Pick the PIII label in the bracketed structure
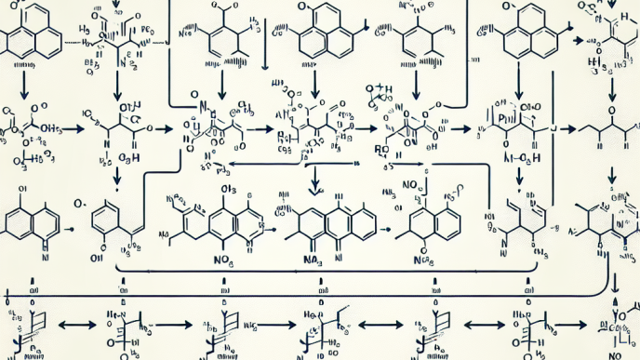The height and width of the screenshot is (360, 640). tap(508, 119)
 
